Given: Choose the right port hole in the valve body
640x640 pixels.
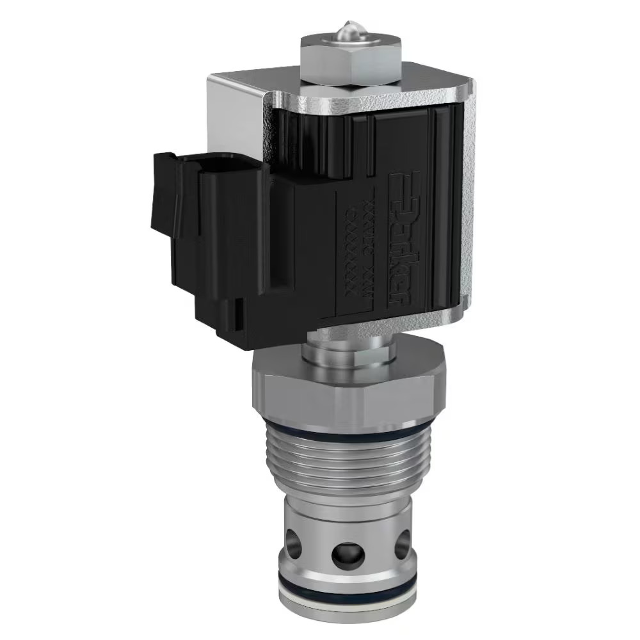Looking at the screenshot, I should [x=401, y=544].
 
